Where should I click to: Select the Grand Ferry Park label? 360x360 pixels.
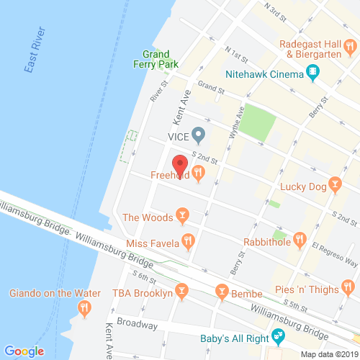pyautogui.click(x=156, y=59)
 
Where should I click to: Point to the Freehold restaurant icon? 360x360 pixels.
pyautogui.click(x=199, y=174)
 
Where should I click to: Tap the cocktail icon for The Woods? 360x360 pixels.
pyautogui.click(x=182, y=217)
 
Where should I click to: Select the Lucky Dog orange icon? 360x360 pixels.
pyautogui.click(x=334, y=184)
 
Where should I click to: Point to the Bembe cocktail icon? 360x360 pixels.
pyautogui.click(x=222, y=292)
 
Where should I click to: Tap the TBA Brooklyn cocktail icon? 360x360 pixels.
pyautogui.click(x=183, y=292)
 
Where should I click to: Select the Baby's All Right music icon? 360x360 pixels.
pyautogui.click(x=277, y=335)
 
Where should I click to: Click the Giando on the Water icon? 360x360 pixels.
pyautogui.click(x=85, y=309)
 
